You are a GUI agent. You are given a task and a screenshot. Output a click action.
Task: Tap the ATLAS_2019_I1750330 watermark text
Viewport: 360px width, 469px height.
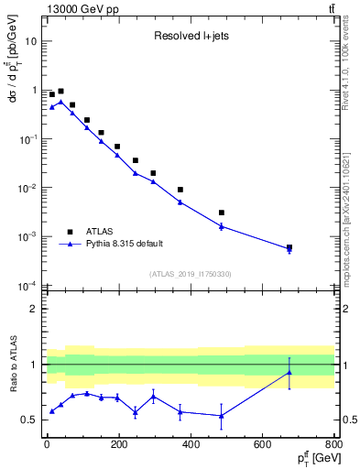(190, 273)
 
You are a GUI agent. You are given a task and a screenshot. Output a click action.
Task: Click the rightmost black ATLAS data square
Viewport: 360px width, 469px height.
(289, 247)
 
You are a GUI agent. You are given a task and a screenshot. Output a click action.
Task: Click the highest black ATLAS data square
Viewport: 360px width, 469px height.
(60, 92)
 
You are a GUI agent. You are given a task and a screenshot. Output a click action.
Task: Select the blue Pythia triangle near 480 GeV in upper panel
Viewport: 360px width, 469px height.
(222, 226)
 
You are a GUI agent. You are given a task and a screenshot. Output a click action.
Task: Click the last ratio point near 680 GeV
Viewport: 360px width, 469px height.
(289, 372)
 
